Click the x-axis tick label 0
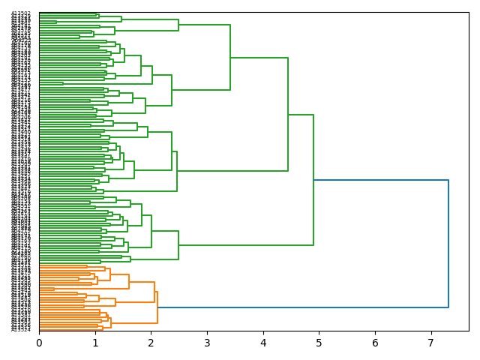(x=39, y=342)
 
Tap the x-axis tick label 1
(x=95, y=342)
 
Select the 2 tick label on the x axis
(x=151, y=342)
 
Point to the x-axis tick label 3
(x=207, y=342)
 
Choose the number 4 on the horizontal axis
(x=263, y=342)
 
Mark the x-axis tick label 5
(x=319, y=342)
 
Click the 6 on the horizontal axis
(x=375, y=342)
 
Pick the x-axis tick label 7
(x=431, y=342)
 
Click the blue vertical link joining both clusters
(x=448, y=244)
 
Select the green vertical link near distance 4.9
(x=313, y=180)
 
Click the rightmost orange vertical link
(x=157, y=307)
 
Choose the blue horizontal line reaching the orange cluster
(x=300, y=307)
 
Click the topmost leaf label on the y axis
(x=21, y=13)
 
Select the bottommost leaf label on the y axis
(x=21, y=329)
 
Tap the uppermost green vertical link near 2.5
(x=178, y=25)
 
